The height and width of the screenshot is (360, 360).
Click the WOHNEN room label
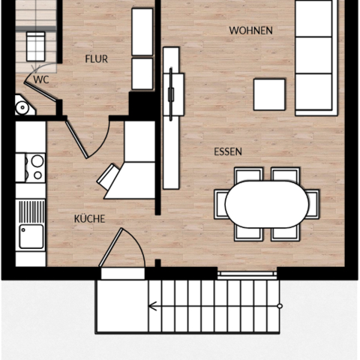click(250, 31)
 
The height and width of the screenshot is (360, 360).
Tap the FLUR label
click(97, 59)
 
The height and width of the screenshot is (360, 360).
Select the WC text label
click(41, 79)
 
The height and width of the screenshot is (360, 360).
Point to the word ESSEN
click(228, 151)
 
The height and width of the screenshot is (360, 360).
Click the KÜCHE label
click(89, 219)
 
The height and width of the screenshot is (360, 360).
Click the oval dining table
click(267, 204)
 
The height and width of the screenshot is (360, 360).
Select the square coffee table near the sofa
click(269, 94)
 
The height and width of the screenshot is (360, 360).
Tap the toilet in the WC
click(24, 106)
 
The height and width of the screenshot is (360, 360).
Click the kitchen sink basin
click(31, 236)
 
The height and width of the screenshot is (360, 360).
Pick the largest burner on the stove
click(37, 160)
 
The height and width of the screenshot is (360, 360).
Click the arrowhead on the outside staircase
click(152, 306)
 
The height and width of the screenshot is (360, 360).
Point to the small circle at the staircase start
click(280, 306)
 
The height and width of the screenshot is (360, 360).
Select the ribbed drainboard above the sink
click(31, 211)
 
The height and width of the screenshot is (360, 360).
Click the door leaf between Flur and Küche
click(76, 139)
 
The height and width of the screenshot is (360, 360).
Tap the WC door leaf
click(40, 92)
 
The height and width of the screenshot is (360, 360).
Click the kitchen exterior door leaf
click(111, 247)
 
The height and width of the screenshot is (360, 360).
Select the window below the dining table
click(247, 274)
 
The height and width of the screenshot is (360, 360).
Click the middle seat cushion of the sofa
click(313, 55)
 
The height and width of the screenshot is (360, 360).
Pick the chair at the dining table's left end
click(220, 204)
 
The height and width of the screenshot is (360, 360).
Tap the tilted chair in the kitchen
click(108, 176)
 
